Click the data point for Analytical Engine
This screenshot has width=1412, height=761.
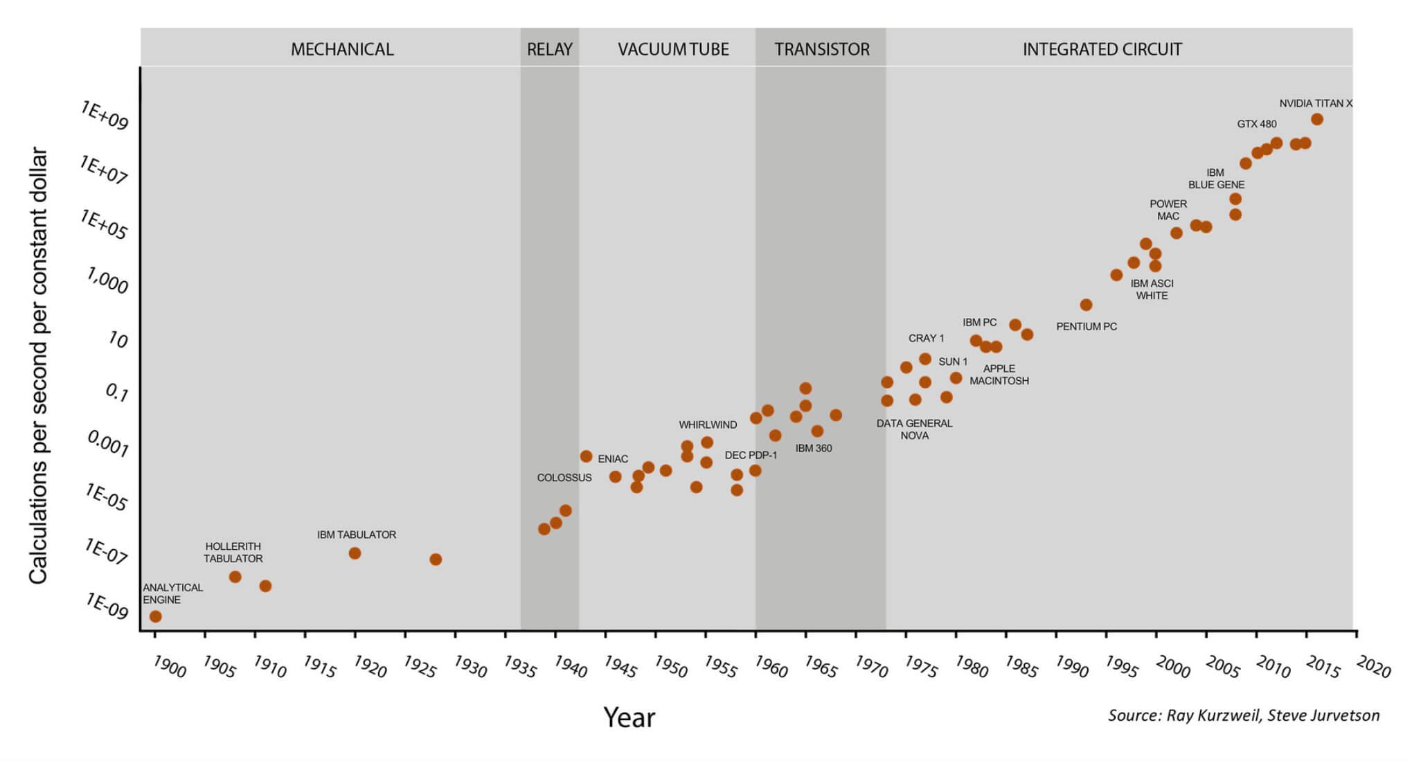(x=156, y=616)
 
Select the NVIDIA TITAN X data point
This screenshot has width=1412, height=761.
(x=1317, y=119)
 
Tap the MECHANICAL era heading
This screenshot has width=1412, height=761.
(x=342, y=49)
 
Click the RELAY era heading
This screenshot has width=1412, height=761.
(x=550, y=49)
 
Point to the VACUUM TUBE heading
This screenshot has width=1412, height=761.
(x=673, y=49)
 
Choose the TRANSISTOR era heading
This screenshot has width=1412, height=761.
(x=822, y=49)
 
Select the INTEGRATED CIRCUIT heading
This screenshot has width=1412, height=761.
(x=1102, y=49)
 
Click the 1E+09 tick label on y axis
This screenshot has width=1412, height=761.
(x=105, y=115)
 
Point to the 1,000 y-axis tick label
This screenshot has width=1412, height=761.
(x=107, y=280)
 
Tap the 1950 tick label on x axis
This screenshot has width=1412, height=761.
(x=670, y=666)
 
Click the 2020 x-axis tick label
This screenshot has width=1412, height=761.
(x=1374, y=666)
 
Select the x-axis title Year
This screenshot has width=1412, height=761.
(x=629, y=717)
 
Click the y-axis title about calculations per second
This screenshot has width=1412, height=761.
(x=39, y=365)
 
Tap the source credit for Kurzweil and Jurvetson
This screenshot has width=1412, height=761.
(x=1244, y=715)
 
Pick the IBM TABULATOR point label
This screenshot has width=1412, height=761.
(x=357, y=535)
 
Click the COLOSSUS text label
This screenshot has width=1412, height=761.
(x=564, y=478)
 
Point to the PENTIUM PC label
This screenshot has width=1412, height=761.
(x=1087, y=326)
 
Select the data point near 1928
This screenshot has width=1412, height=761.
(x=436, y=559)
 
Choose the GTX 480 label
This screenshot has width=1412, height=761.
(x=1257, y=124)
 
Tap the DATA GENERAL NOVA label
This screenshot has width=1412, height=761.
(x=914, y=429)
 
